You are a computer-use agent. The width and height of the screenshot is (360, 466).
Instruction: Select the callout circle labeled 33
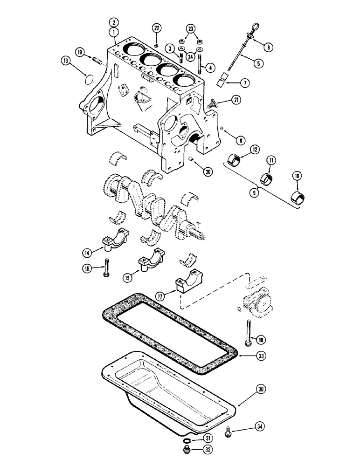(261, 356)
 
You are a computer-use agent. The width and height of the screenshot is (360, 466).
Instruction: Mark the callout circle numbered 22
(157, 29)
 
